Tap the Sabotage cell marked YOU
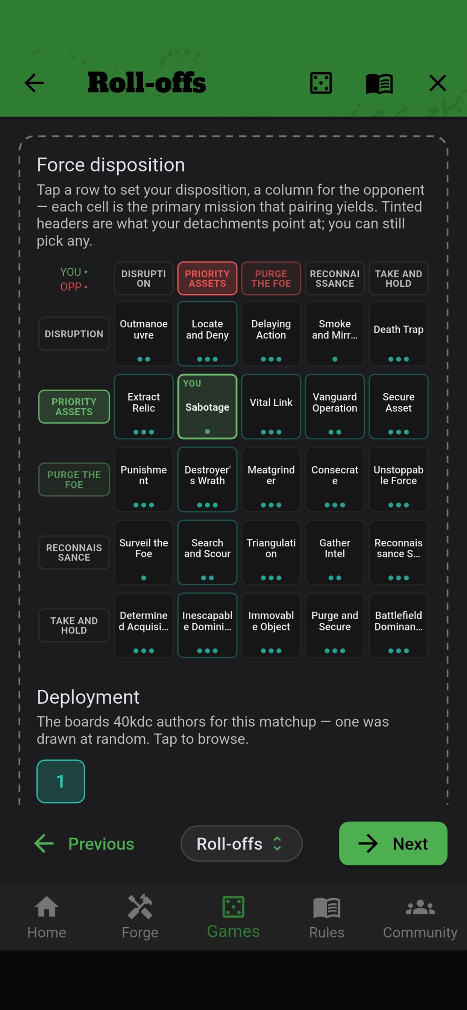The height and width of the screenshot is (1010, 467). click(x=207, y=407)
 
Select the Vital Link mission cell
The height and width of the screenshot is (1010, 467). click(x=271, y=407)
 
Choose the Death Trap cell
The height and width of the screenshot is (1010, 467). click(x=398, y=334)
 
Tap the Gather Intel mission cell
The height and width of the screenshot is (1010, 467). click(x=335, y=552)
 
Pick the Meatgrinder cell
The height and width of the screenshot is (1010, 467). click(x=271, y=479)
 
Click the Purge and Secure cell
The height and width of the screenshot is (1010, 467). click(x=335, y=625)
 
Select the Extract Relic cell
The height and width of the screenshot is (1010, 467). click(x=144, y=407)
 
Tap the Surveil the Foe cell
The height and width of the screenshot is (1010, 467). click(x=144, y=552)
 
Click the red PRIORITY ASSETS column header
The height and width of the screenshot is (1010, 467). click(x=207, y=278)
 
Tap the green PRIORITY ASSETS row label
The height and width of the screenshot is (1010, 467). click(x=74, y=407)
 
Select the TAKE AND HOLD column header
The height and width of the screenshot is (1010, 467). click(x=398, y=278)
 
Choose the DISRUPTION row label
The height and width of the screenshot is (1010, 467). click(x=74, y=334)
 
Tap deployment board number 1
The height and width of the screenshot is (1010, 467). click(x=61, y=782)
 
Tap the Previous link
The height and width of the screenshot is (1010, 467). click(x=84, y=844)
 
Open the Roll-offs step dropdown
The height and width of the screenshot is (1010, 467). click(x=241, y=844)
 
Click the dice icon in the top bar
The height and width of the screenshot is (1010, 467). click(x=321, y=83)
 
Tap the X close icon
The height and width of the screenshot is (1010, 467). click(x=438, y=83)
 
